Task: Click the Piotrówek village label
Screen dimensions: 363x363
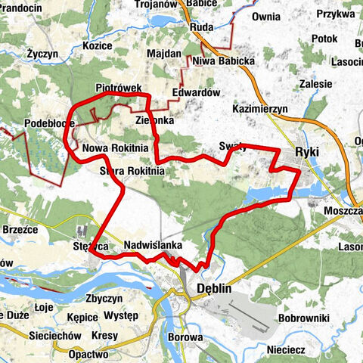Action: pos(119,88)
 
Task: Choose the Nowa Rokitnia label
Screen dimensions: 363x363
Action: pos(115,147)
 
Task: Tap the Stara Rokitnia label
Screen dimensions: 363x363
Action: pos(132,172)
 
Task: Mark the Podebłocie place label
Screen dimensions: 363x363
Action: pos(28,124)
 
